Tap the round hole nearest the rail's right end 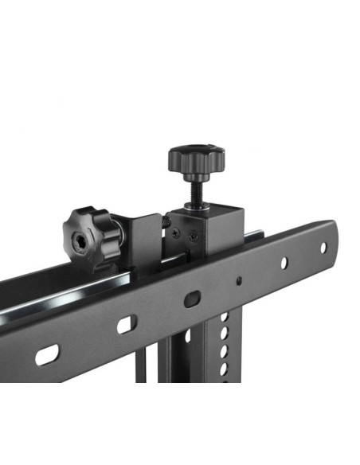pos(323,247)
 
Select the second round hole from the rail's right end pos(282,263)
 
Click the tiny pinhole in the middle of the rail pos(238,281)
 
